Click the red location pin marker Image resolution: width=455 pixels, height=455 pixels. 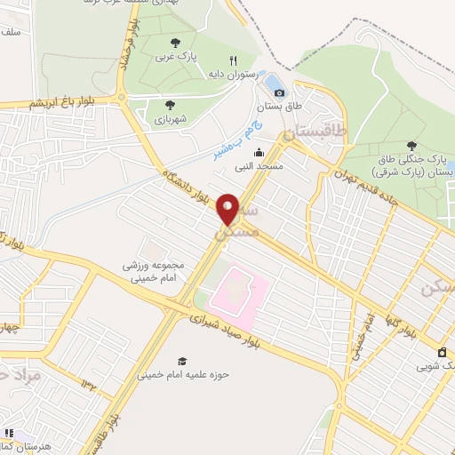tap(228, 209)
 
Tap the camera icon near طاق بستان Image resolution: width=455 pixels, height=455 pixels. tap(280, 92)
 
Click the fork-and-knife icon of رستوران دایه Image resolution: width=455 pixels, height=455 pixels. tap(234, 61)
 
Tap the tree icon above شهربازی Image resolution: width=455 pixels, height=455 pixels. tap(170, 105)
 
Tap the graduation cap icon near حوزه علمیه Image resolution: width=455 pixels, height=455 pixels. tap(182, 361)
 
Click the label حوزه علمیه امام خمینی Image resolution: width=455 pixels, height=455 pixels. tap(183, 375)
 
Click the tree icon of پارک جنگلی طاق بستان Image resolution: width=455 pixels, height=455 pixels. tap(410, 145)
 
